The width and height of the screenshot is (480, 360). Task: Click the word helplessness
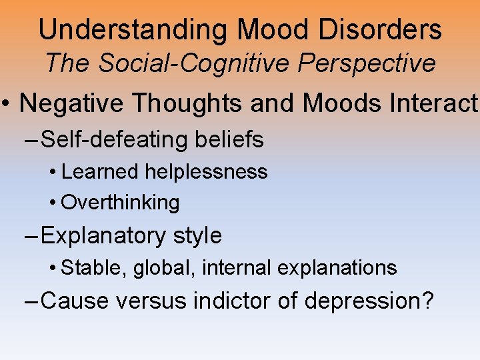click(x=207, y=172)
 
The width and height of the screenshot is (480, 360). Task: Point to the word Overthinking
click(x=121, y=203)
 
